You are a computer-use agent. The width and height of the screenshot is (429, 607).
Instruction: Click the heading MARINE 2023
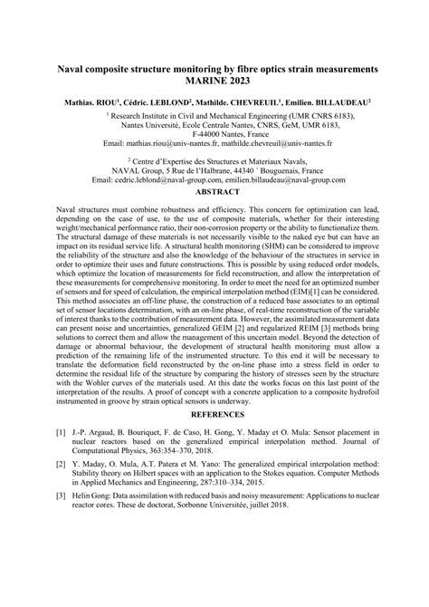[x=214, y=80]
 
